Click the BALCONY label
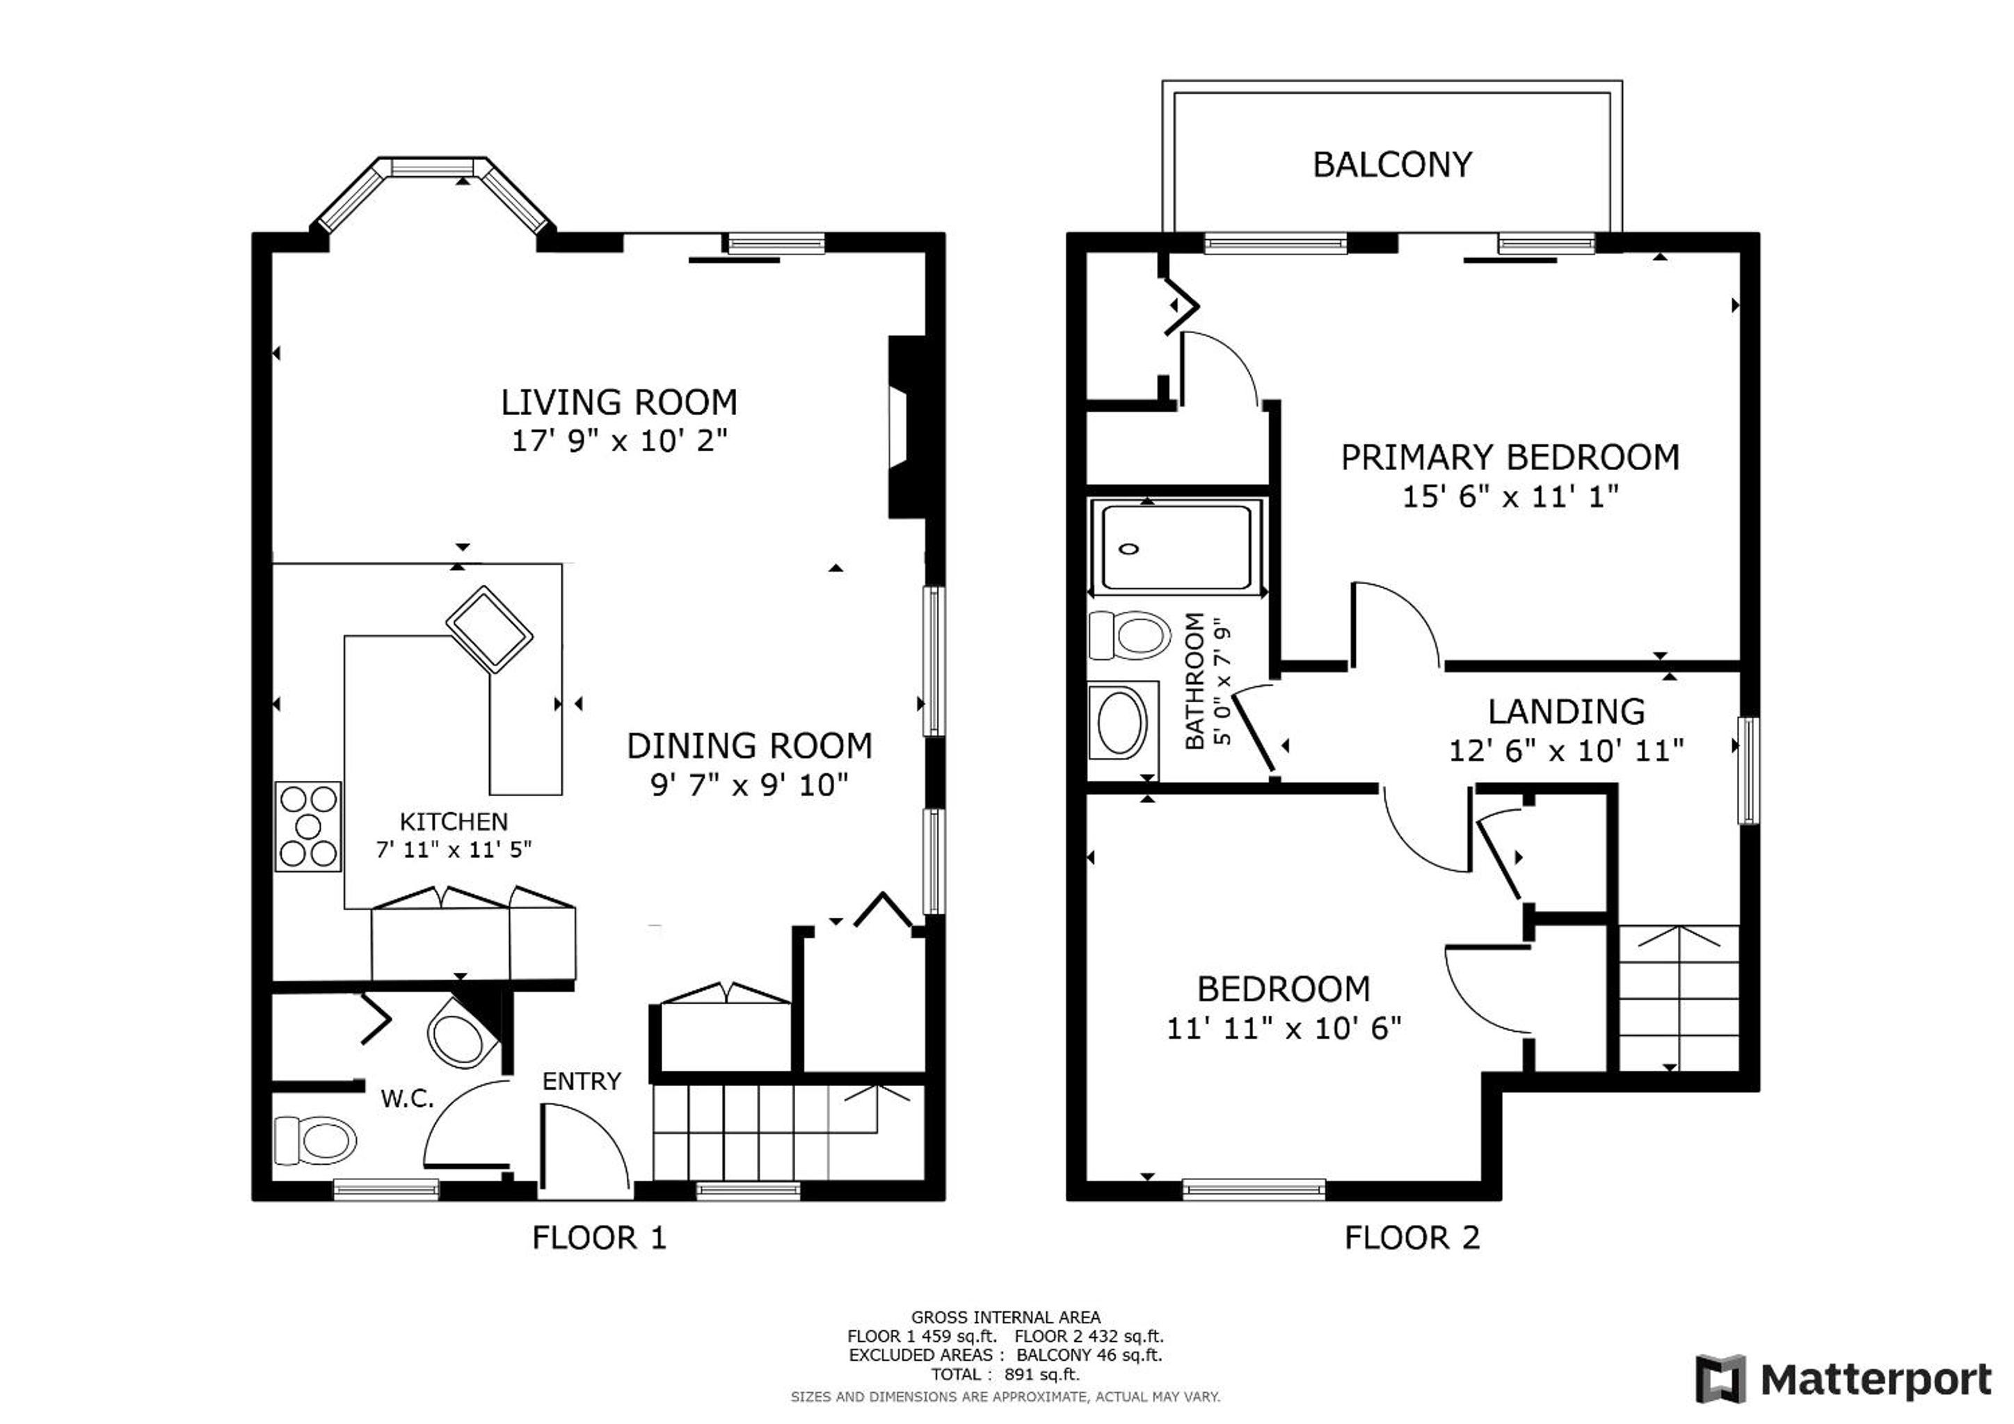pos(1392,165)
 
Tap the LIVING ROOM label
pos(618,403)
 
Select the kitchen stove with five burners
pos(308,826)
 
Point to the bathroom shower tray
pos(1176,548)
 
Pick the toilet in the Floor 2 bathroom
pos(1129,635)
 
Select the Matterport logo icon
pos(1721,1379)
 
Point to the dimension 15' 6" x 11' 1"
pos(1510,497)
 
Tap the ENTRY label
pos(582,1081)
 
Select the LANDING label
pos(1567,711)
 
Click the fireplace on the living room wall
pos(907,427)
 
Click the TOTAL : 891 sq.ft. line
pos(1005,1374)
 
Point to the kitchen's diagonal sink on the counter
pos(490,629)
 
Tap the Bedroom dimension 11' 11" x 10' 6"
pos(1284,1028)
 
